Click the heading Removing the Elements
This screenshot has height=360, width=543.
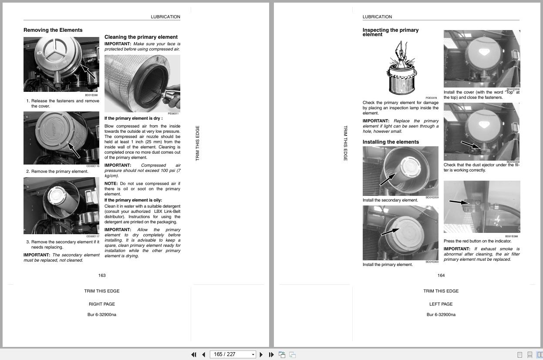tap(53, 30)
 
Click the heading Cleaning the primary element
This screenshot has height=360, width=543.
tap(141, 37)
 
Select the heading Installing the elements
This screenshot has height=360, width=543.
tap(391, 142)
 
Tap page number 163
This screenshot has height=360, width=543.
tap(102, 275)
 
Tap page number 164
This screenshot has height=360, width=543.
tap(441, 275)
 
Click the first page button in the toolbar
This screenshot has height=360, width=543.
tap(194, 355)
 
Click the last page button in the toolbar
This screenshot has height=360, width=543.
tap(271, 355)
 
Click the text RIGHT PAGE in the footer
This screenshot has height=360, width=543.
tap(102, 304)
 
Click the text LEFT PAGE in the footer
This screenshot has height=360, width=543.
tap(441, 304)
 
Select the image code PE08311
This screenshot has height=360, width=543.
tap(173, 114)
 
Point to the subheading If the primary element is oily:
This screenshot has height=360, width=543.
tap(133, 200)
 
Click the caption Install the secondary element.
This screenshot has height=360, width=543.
tap(390, 200)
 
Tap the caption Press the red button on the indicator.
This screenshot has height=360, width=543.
tap(477, 241)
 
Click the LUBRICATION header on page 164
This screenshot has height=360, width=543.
tap(377, 17)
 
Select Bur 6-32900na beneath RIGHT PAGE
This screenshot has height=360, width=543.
tap(102, 314)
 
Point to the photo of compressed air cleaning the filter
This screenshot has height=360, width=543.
tap(142, 83)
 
